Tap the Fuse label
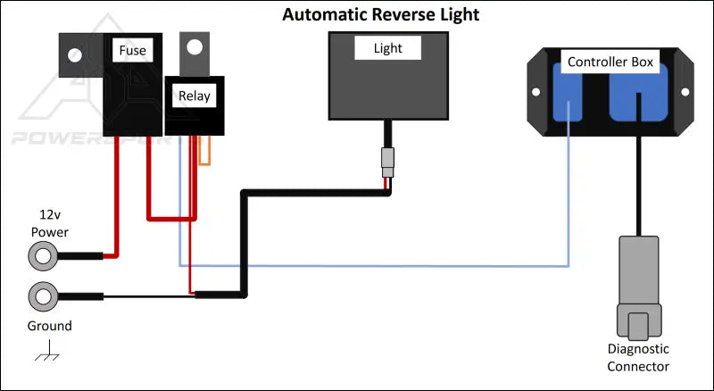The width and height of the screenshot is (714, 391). pos(132,51)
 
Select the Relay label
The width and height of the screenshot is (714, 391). pos(194,96)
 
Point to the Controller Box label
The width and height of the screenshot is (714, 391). pos(610,62)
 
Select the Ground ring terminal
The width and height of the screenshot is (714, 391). pos(41,295)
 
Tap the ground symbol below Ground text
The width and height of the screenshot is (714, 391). pos(46,354)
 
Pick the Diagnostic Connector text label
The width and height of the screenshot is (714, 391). pos(637,358)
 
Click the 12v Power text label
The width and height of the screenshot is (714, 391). pos(49,224)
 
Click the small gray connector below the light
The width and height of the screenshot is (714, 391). pos(386,163)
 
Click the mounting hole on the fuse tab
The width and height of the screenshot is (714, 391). pos(74,55)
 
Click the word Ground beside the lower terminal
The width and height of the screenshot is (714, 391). pos(49,326)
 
